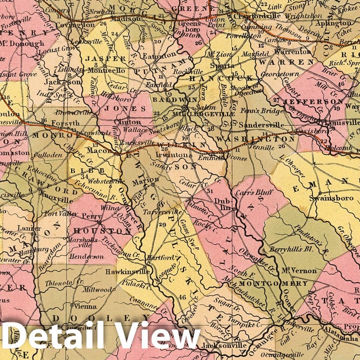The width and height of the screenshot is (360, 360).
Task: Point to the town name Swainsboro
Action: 336,199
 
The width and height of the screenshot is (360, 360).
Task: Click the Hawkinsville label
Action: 124,272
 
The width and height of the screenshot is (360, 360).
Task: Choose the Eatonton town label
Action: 156,56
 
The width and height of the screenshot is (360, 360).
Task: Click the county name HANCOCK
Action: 222,78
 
